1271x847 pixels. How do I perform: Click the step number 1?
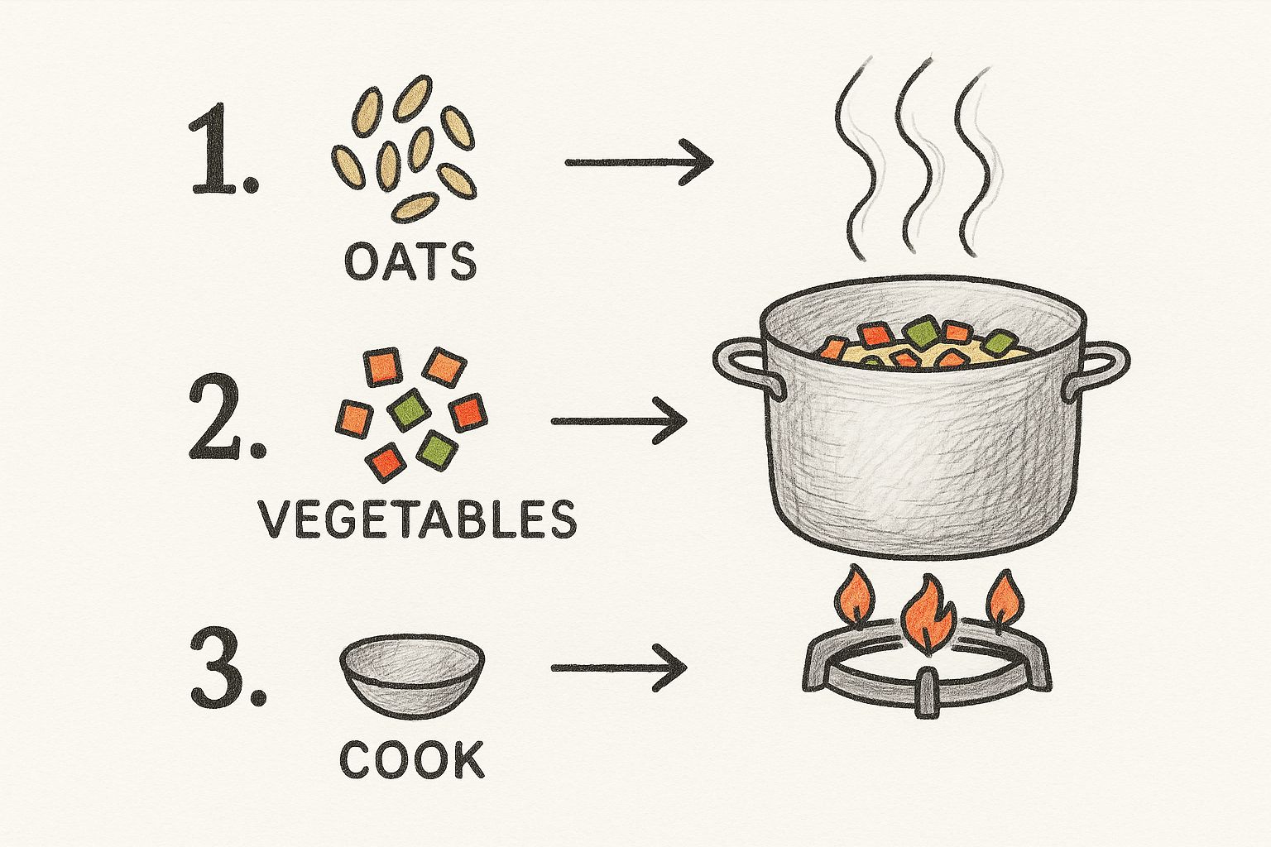(224, 151)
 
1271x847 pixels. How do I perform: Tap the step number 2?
(226, 416)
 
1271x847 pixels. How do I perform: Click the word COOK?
(412, 758)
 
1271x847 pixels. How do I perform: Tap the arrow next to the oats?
(639, 163)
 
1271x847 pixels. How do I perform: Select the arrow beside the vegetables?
(619, 421)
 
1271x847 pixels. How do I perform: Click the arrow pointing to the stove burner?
(619, 668)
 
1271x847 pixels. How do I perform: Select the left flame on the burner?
(854, 601)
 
